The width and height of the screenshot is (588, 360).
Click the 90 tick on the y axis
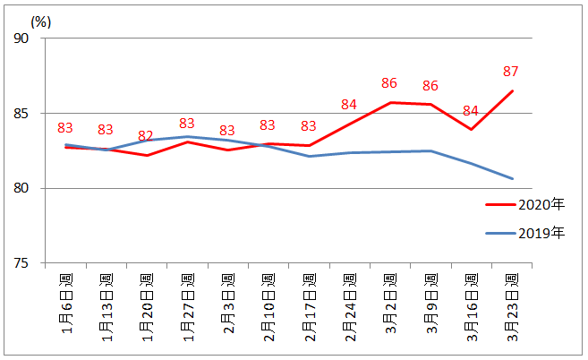pos(21,39)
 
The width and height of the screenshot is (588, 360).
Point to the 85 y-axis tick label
pos(21,114)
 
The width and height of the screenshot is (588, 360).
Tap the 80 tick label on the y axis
pos(21,188)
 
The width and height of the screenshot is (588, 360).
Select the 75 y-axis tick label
pos(21,263)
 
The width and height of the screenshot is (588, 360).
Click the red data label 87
pos(511,72)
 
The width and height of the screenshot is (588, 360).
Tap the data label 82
pos(146,136)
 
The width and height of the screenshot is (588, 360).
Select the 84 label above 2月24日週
pos(349,105)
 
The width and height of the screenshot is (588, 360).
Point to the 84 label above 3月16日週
pos(471,111)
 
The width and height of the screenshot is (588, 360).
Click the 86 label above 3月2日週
pos(389,83)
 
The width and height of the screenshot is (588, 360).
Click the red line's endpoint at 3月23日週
pos(513,90)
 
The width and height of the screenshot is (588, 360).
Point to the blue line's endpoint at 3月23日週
pos(513,178)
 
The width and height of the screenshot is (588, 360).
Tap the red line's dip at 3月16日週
pos(471,129)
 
